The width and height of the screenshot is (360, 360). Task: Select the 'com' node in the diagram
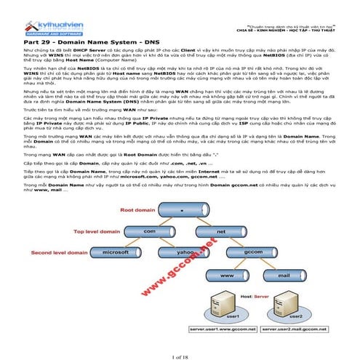(x=151, y=231)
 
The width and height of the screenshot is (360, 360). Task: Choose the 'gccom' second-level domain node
(x=252, y=252)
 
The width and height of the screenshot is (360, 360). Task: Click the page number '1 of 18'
(x=180, y=353)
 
